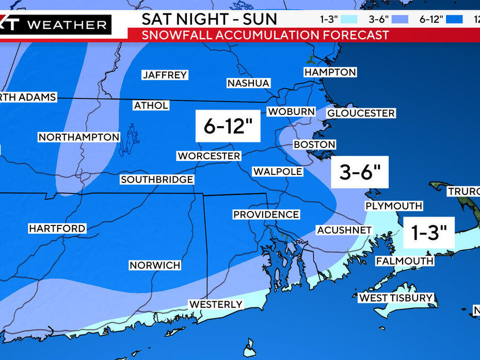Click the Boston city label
tap(314, 144)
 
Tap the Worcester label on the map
tap(209, 156)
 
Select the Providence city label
tap(266, 214)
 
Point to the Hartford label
tap(57, 228)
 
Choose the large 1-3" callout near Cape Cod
tap(428, 233)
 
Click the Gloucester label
tap(361, 113)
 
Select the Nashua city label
tap(248, 83)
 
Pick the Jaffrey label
tap(165, 75)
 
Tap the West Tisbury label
tap(396, 298)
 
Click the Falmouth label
tap(405, 261)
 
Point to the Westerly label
tap(216, 304)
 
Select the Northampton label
tap(79, 137)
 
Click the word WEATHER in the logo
tap(67, 24)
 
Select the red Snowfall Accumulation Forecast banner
tap(266, 35)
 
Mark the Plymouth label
tap(394, 206)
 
